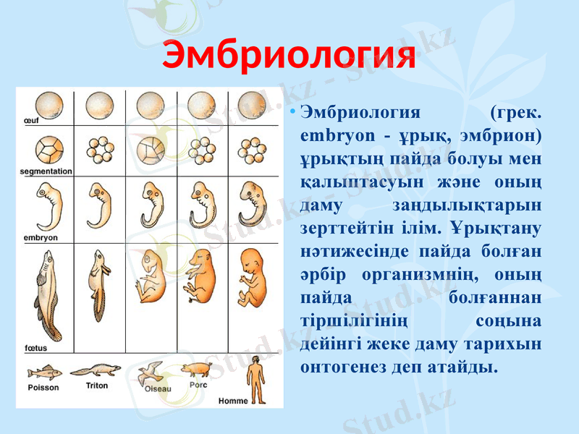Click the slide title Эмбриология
(289, 56)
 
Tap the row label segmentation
(46, 171)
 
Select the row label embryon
(41, 237)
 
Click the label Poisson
(43, 387)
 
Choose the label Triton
(96, 386)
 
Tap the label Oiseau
(158, 388)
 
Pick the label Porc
(198, 385)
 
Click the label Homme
(232, 400)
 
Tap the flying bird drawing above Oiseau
(151, 371)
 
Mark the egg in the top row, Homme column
(252, 106)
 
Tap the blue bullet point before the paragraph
(291, 113)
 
